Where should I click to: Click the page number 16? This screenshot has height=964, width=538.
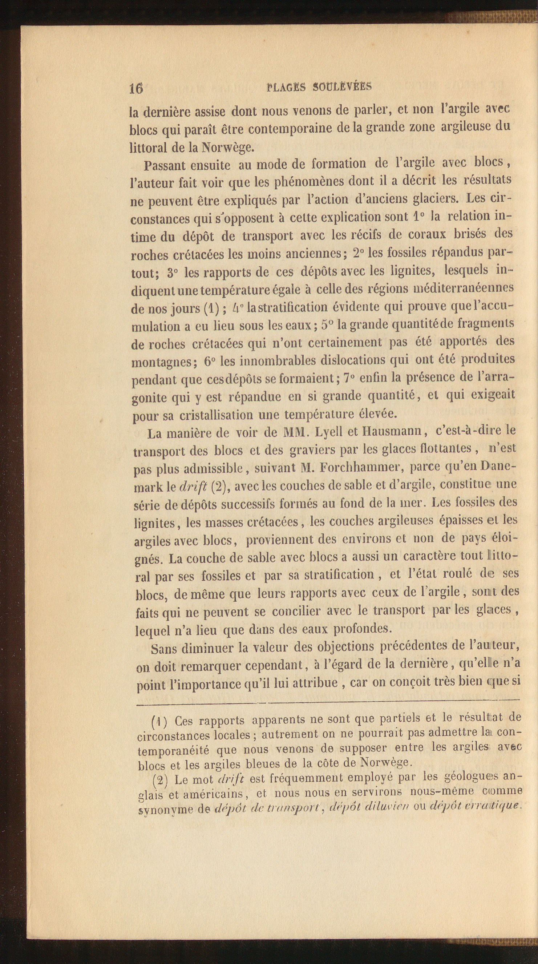point(136,88)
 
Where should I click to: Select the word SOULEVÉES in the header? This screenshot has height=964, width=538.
point(342,86)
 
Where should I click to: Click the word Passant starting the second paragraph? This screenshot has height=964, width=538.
point(167,165)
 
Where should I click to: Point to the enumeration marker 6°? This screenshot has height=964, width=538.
point(210,362)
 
